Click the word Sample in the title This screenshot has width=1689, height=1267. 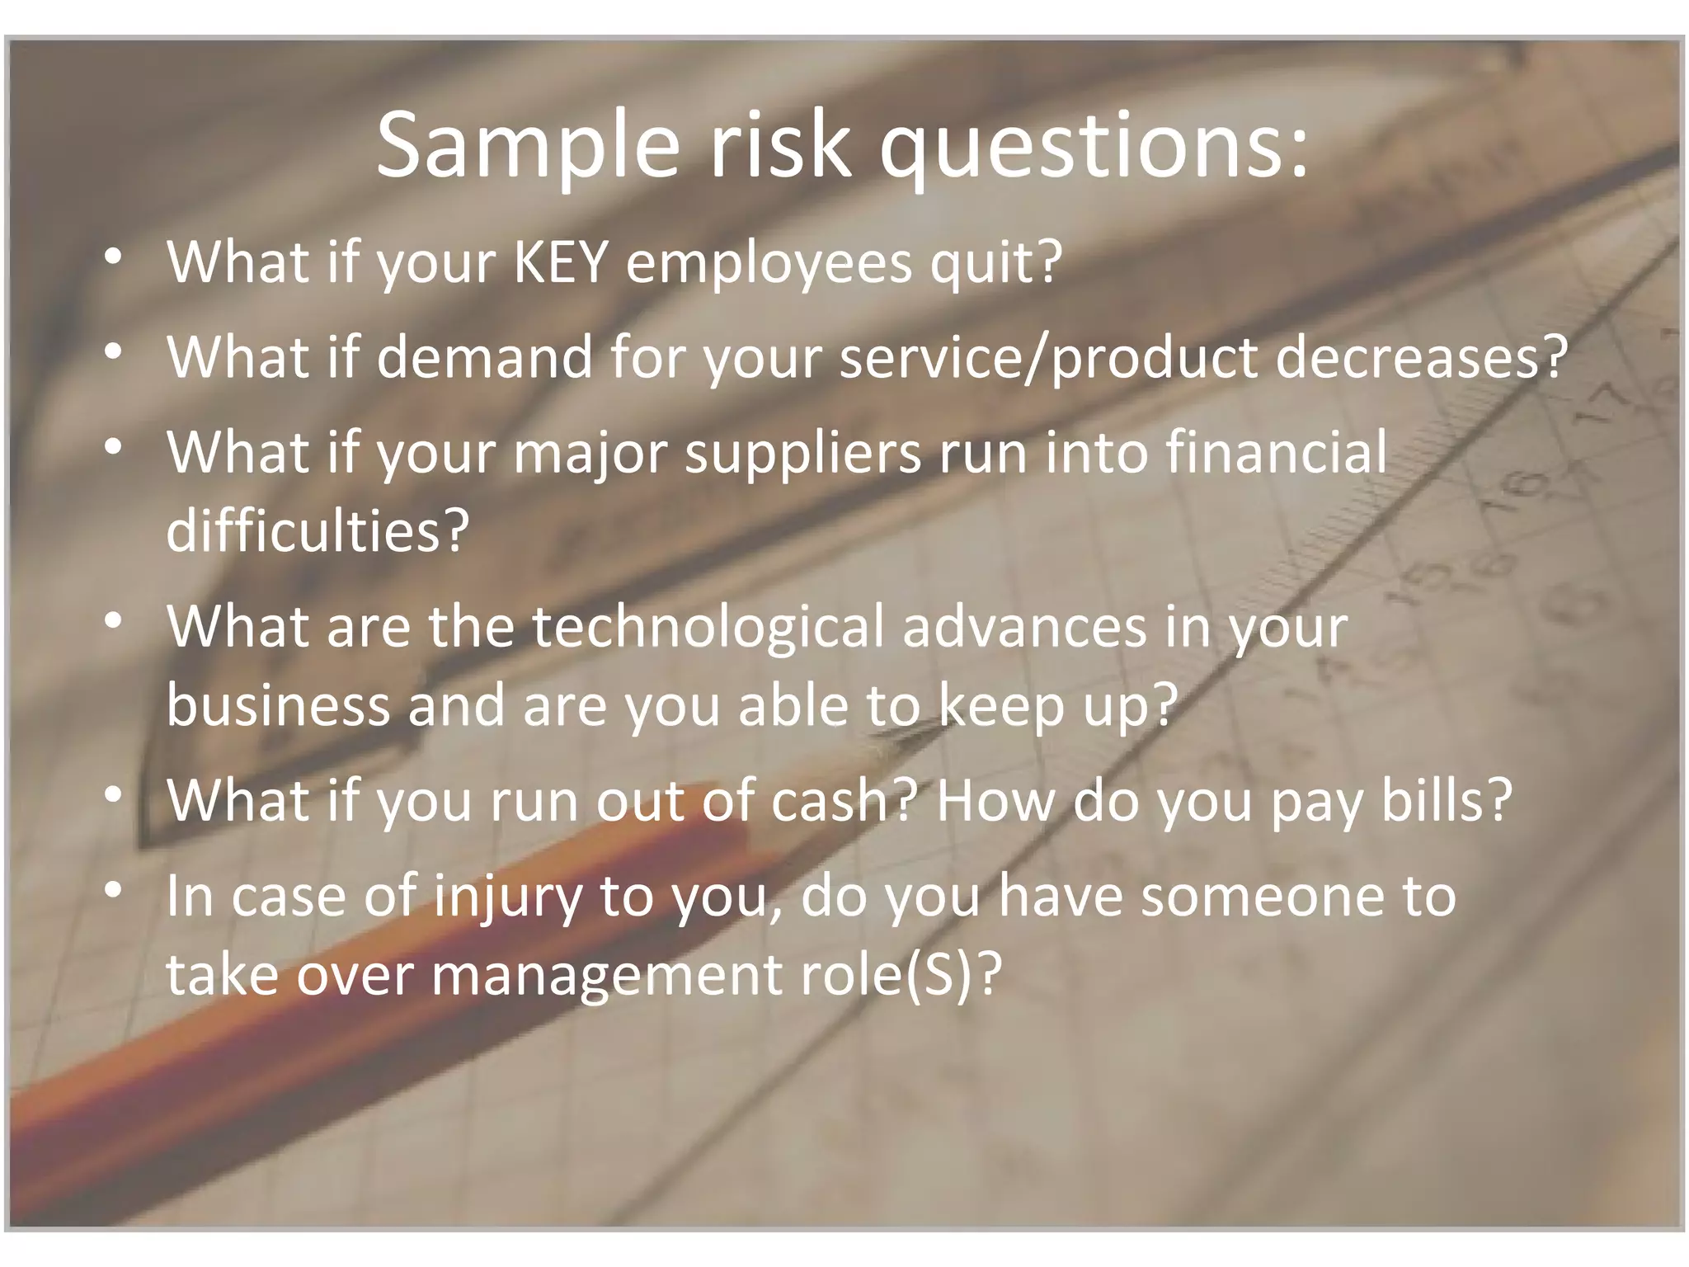click(529, 146)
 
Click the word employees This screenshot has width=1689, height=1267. click(769, 262)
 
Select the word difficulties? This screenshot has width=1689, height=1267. click(318, 530)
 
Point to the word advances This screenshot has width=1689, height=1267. click(1024, 626)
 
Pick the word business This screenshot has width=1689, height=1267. click(278, 705)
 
